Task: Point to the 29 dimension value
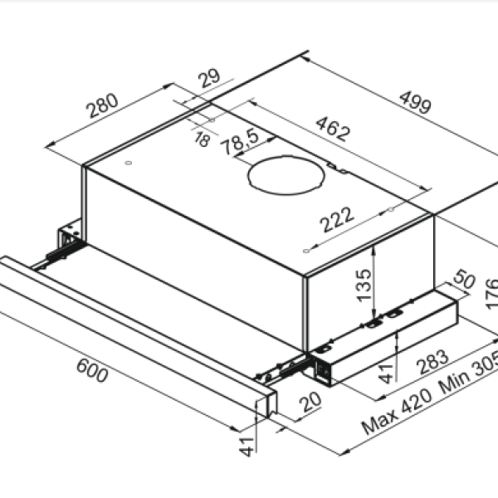coord(208,80)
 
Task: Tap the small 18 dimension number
coord(202,139)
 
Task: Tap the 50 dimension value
coord(464,280)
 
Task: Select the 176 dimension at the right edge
coord(490,295)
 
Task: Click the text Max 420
coord(397,412)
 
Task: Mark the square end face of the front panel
coord(266,403)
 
